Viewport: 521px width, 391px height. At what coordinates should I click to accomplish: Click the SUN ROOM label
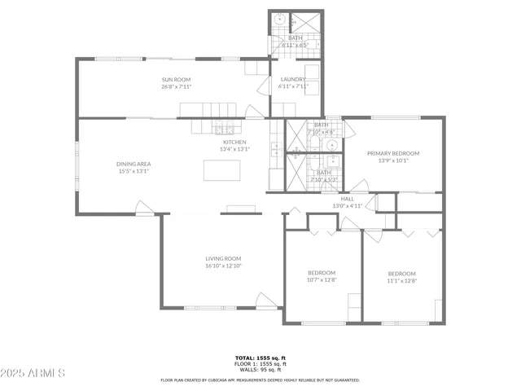176,79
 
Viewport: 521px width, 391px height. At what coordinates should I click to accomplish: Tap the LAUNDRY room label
293,79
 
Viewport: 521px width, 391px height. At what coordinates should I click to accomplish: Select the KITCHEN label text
234,142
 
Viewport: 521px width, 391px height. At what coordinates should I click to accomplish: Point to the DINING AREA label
134,164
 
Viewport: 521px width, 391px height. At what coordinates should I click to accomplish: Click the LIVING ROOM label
223,258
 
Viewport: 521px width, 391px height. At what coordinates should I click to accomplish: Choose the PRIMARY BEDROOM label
392,153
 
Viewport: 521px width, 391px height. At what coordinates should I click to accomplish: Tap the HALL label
348,199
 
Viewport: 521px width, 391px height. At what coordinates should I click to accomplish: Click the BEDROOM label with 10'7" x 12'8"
322,273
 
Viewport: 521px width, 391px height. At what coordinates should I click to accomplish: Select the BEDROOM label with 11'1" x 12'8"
401,273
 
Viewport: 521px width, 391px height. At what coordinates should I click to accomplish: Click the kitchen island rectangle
222,169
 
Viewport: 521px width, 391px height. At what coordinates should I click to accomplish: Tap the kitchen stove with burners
224,128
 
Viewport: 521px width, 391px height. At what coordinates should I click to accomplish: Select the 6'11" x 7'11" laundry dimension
293,86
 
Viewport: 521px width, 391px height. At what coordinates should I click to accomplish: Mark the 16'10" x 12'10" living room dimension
223,266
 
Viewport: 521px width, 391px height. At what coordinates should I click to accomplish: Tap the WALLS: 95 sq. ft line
260,370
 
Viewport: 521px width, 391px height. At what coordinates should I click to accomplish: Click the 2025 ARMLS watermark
33,372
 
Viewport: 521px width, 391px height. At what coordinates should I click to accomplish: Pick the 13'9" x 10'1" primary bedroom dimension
392,160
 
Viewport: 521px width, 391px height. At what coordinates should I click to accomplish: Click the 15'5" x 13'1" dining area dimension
134,171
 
